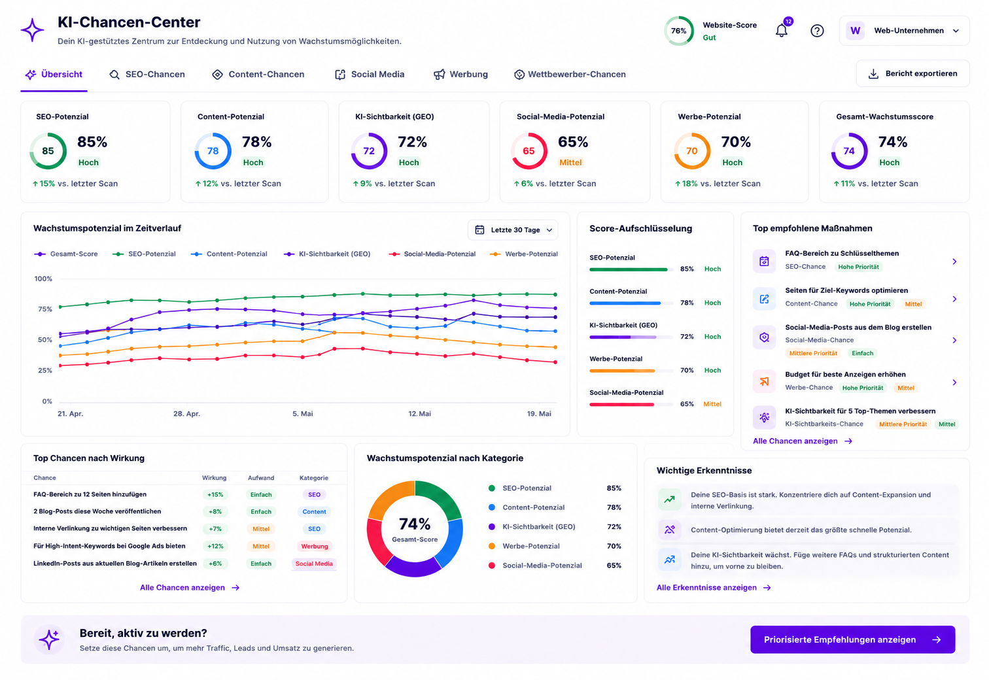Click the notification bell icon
click(782, 31)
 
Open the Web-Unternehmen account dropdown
click(904, 31)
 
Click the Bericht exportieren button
click(912, 74)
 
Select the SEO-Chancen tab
click(147, 74)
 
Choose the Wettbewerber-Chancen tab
click(570, 74)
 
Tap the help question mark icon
click(817, 31)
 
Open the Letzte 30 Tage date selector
click(513, 230)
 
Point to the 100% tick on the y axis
click(43, 279)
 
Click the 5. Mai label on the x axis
click(302, 413)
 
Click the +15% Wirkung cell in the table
click(215, 495)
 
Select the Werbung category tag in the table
click(315, 547)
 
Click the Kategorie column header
click(313, 478)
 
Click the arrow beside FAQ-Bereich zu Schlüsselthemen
click(954, 262)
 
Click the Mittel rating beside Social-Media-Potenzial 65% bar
click(712, 404)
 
